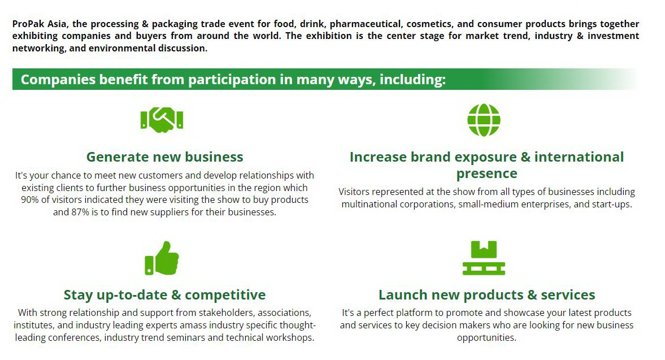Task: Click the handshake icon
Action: point(162,120)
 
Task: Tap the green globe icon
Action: point(484,120)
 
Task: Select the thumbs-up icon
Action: point(162,258)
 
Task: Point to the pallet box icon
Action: point(484,258)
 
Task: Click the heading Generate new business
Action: point(164,157)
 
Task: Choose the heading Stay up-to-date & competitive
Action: point(164,294)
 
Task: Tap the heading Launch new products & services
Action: point(487,294)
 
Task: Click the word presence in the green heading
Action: point(487,174)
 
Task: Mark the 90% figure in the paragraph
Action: point(30,199)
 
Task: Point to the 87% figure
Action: point(80,212)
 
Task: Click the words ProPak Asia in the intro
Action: point(39,24)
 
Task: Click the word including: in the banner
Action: point(412,79)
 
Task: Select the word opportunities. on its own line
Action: point(487,338)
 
